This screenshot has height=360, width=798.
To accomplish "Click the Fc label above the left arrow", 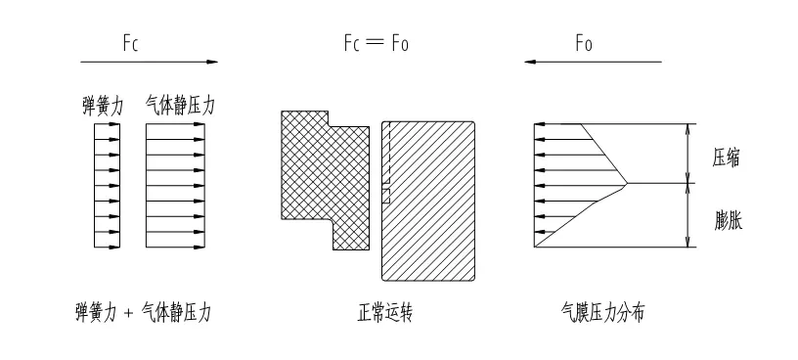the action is [130, 43].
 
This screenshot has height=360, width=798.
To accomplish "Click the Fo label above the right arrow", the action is [584, 43].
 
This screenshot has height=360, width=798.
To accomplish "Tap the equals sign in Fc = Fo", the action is [376, 43].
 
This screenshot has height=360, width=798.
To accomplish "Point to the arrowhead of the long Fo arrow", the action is [531, 63].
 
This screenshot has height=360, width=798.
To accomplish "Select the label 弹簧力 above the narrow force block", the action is [104, 107].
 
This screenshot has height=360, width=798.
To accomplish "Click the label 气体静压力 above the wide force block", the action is [180, 106].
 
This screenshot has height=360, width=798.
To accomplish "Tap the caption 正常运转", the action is [384, 312].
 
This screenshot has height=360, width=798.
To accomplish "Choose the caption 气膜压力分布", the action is [602, 312].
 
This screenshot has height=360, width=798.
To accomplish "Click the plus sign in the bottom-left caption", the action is [128, 313].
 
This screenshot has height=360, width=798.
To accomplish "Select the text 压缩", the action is [727, 157].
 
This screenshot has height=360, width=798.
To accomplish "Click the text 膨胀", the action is [728, 220].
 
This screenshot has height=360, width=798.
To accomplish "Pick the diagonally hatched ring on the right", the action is [428, 201].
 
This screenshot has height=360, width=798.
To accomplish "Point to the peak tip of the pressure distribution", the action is [627, 183].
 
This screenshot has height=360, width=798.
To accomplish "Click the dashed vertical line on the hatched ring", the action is [389, 152].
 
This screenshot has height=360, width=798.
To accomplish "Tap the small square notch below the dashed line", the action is [385, 196].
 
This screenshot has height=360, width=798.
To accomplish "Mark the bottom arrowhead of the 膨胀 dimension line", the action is [688, 242].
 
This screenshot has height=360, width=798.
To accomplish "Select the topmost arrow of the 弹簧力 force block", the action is [107, 124].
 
